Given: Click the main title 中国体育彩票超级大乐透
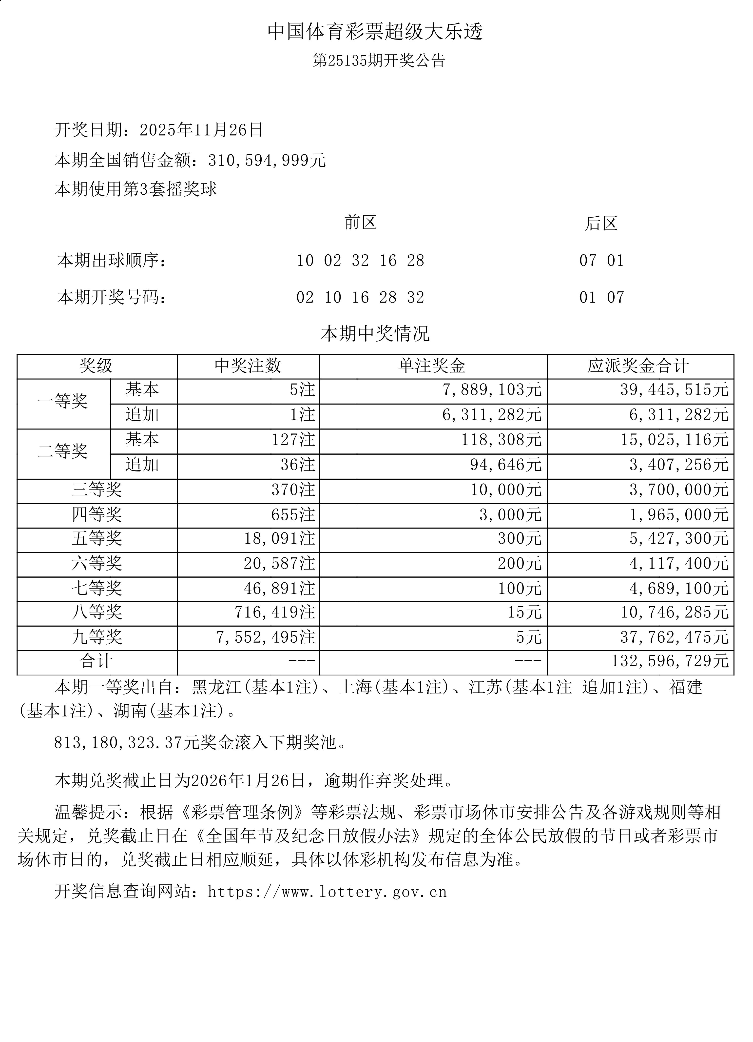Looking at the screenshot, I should (x=375, y=32).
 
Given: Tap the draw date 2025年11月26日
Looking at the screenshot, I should (x=201, y=130).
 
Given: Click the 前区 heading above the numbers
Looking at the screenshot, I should (x=360, y=223).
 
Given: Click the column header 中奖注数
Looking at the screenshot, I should (x=248, y=366).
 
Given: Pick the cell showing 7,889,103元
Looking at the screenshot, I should (x=492, y=390).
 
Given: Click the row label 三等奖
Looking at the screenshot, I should (x=97, y=490).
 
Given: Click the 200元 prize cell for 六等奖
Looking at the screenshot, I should (x=519, y=564).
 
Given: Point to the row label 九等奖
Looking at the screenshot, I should (x=97, y=637).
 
